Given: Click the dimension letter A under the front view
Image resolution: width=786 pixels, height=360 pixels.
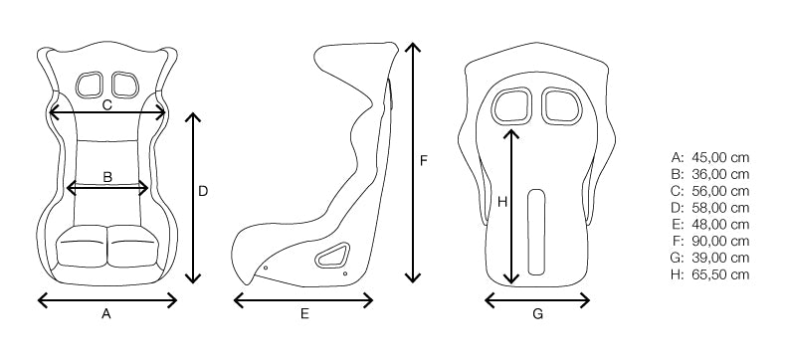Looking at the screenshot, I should (105, 314).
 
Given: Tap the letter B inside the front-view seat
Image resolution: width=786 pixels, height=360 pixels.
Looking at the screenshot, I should (107, 177).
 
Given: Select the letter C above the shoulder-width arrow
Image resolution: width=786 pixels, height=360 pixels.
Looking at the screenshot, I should (106, 103).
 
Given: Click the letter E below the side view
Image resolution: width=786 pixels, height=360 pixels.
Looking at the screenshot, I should (304, 314).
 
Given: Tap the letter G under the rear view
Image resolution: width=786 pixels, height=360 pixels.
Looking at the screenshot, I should (537, 314).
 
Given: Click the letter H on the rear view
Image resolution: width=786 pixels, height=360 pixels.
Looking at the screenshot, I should (502, 202).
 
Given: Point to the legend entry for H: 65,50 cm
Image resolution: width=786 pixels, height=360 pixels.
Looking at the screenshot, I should (710, 274).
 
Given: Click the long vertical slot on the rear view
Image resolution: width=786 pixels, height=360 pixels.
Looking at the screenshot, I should (537, 231).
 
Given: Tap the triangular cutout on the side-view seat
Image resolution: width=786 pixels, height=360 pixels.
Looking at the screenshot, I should (331, 257).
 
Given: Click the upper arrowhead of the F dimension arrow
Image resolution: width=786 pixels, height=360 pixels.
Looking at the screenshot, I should (412, 47).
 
